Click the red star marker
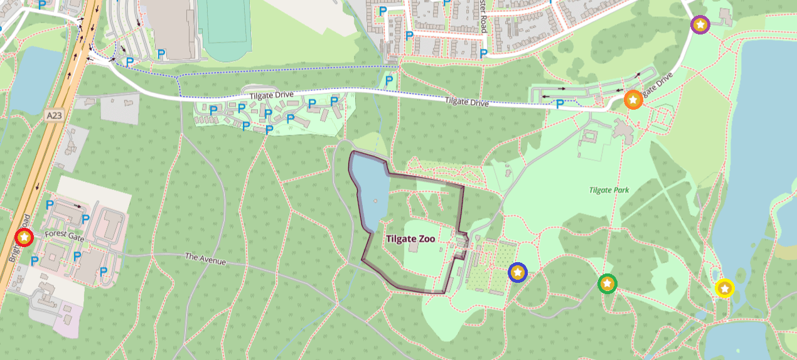[24, 237]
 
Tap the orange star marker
[633, 100]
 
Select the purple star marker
[700, 25]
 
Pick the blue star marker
[518, 272]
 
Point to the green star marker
[607, 283]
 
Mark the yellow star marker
[725, 288]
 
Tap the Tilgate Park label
[609, 190]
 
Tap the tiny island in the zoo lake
[375, 201]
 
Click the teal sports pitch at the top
[224, 25]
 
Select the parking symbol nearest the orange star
[560, 104]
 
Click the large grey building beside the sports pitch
[171, 25]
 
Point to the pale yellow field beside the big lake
[687, 135]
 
